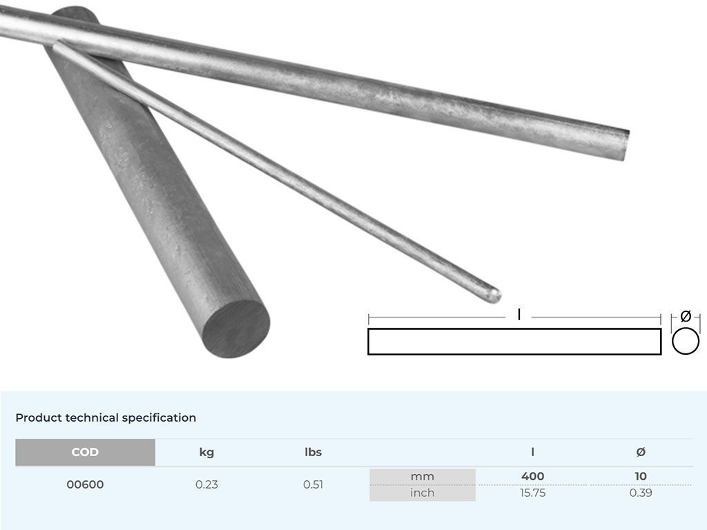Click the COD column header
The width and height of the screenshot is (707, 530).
[85, 453]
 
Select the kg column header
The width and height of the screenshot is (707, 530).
[206, 453]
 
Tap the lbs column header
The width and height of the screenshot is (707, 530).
[313, 453]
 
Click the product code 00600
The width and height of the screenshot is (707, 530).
[85, 484]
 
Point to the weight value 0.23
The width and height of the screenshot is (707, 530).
[206, 484]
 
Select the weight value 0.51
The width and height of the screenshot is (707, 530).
[313, 484]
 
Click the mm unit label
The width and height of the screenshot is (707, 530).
[422, 476]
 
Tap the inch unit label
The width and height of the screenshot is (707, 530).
[422, 493]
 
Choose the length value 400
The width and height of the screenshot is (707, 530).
[532, 476]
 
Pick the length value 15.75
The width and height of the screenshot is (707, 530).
[532, 493]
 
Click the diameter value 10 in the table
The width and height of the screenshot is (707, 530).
[640, 476]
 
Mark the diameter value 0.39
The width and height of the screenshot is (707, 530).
[640, 493]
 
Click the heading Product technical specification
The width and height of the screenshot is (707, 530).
[106, 418]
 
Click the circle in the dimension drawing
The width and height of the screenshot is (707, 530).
[686, 341]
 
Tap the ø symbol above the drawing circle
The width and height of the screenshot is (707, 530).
[686, 316]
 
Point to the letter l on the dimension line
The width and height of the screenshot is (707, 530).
[519, 315]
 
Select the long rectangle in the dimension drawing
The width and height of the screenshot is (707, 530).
[514, 342]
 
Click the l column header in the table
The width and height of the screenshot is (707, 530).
[532, 453]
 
